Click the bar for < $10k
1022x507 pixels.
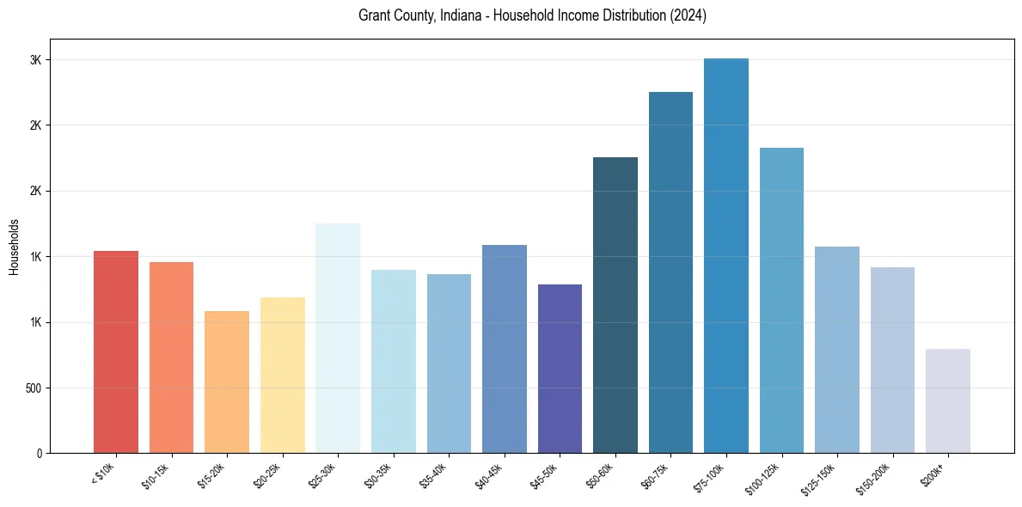[x=116, y=352]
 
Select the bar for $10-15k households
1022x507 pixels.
[x=171, y=357]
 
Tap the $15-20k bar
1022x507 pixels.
[x=227, y=382]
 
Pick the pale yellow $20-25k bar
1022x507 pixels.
[x=282, y=376]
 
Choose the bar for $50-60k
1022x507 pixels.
[x=615, y=305]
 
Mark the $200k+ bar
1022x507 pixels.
[x=948, y=401]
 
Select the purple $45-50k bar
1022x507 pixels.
[x=560, y=369]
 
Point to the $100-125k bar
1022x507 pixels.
[x=781, y=301]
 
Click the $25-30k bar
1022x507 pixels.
[x=338, y=339]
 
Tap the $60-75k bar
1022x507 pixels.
[x=670, y=272]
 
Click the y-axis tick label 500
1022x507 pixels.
[x=34, y=388]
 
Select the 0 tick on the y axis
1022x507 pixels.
[x=40, y=454]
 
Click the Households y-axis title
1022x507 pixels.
[x=14, y=247]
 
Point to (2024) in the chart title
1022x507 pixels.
[x=688, y=15]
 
